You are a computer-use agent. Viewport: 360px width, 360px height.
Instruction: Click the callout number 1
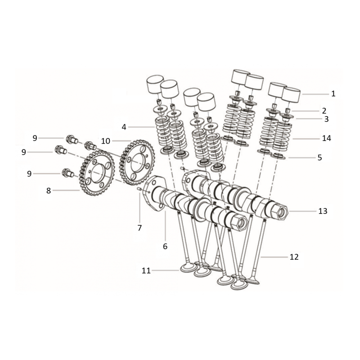pyautogui.click(x=333, y=94)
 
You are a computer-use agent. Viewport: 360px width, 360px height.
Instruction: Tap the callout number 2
pyautogui.click(x=324, y=111)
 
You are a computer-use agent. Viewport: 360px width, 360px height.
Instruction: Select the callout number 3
pyautogui.click(x=326, y=119)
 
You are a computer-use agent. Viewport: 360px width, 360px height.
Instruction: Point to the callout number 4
pyautogui.click(x=124, y=127)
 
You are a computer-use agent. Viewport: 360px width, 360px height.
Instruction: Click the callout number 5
pyautogui.click(x=319, y=157)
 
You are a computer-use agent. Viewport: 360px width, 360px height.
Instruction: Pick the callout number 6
pyautogui.click(x=165, y=246)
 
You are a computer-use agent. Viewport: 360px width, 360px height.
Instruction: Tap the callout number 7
pyautogui.click(x=139, y=228)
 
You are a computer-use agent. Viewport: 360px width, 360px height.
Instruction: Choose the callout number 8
pyautogui.click(x=49, y=190)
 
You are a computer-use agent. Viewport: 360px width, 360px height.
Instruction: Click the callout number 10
pyautogui.click(x=106, y=141)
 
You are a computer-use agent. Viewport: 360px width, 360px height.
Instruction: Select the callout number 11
pyautogui.click(x=146, y=271)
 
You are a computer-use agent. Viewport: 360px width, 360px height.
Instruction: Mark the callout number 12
pyautogui.click(x=294, y=257)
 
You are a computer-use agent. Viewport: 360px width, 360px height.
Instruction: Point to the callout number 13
pyautogui.click(x=323, y=211)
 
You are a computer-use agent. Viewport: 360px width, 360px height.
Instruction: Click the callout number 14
pyautogui.click(x=327, y=138)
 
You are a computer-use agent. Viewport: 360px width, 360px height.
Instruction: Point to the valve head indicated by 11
pyautogui.click(x=189, y=268)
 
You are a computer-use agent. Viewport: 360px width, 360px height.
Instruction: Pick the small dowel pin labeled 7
pyautogui.click(x=139, y=189)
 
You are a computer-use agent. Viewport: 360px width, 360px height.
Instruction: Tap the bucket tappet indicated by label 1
pyautogui.click(x=291, y=94)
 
